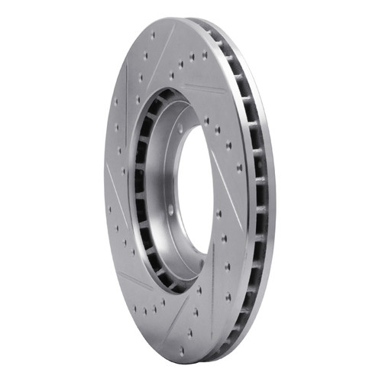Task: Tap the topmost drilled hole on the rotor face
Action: pos(153,35)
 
